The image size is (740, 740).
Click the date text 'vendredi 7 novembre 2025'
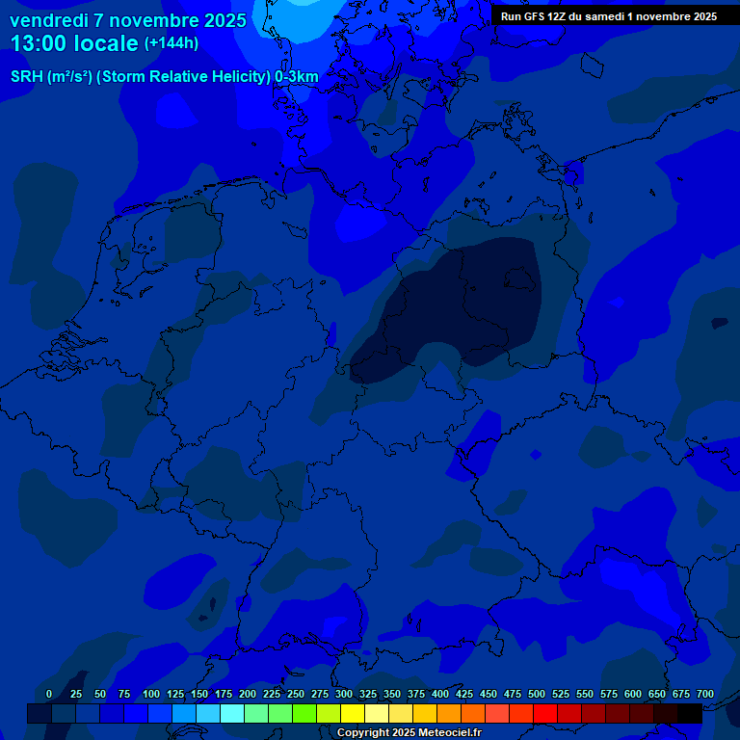point(127,20)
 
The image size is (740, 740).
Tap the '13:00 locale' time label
point(75,43)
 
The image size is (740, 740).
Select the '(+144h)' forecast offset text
point(172,43)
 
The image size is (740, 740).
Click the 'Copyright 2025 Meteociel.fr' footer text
point(409,733)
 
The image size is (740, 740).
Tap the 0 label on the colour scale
point(49,694)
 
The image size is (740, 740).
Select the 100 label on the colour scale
point(151,694)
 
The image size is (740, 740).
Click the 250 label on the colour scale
point(296,694)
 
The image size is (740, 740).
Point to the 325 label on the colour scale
point(368,694)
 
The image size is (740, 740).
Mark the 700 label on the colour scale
point(705,694)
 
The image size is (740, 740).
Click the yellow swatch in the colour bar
point(353,713)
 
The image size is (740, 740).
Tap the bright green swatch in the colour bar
point(304,713)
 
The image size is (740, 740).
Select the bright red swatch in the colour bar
point(545,713)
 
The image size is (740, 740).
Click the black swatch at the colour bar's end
point(690,713)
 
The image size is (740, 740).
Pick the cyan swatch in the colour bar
point(232,713)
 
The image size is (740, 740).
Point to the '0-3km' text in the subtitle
point(297,77)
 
